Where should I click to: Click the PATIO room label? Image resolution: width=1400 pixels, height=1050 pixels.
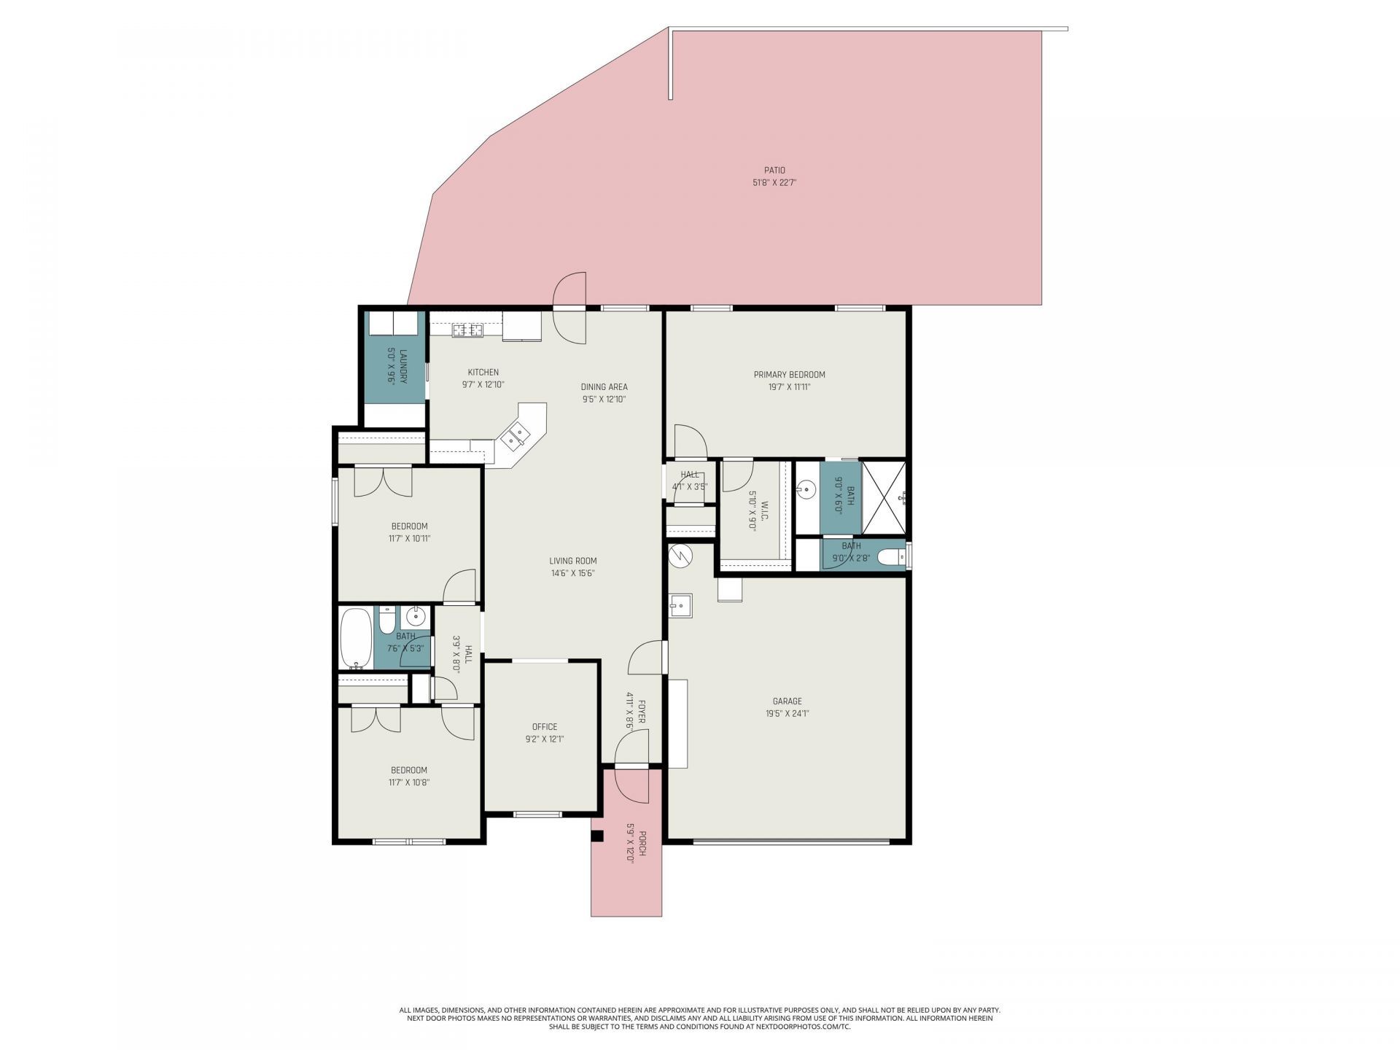pyautogui.click(x=774, y=171)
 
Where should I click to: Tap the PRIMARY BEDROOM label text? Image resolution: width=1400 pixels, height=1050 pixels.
pyautogui.click(x=789, y=375)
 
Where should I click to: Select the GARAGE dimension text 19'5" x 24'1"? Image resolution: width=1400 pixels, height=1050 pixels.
pyautogui.click(x=787, y=714)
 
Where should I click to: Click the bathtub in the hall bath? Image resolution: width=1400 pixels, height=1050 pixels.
pyautogui.click(x=356, y=639)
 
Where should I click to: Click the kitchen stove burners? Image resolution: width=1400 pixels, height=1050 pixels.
pyautogui.click(x=467, y=330)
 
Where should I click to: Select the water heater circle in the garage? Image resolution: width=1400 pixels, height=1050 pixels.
pyautogui.click(x=680, y=556)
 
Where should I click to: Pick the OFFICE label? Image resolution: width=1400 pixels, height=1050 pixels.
pyautogui.click(x=544, y=726)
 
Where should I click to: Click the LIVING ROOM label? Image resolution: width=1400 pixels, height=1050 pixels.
pyautogui.click(x=573, y=561)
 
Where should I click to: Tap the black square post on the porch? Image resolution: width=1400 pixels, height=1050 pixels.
pyautogui.click(x=597, y=837)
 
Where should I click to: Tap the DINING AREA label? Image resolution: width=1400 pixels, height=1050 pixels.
pyautogui.click(x=604, y=387)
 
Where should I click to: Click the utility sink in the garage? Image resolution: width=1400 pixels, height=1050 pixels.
pyautogui.click(x=680, y=605)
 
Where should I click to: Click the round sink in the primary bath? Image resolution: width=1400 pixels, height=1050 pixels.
pyautogui.click(x=806, y=489)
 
